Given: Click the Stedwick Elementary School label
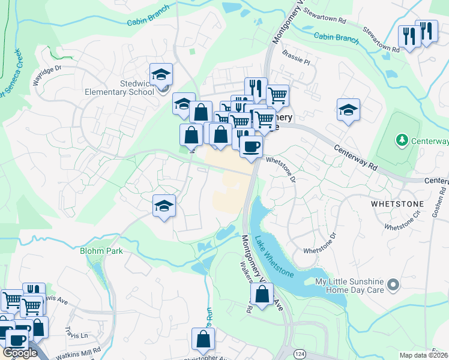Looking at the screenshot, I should [128, 88].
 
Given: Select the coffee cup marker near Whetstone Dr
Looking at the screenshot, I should [251, 146].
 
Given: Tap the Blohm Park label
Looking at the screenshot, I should [101, 251].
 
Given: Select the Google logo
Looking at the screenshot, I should [20, 353].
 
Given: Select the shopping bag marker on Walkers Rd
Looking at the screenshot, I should [262, 295].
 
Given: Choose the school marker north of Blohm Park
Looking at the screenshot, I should [164, 206].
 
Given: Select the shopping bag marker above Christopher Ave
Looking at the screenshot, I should [203, 340].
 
